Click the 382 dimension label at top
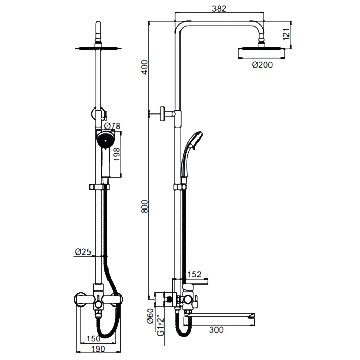tap(219, 9)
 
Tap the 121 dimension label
tap(286, 34)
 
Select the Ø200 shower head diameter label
tap(262, 65)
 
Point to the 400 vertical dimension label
tap(145, 67)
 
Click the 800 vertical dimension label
tap(145, 207)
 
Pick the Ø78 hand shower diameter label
tap(112, 126)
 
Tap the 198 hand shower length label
tap(117, 154)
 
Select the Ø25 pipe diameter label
tap(83, 252)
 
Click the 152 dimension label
tap(194, 274)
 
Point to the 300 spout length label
tap(217, 330)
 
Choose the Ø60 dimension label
tap(150, 316)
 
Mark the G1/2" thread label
tap(161, 326)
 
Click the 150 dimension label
tap(94, 338)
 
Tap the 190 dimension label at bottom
tap(98, 349)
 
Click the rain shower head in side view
tap(261, 53)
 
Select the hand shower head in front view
tap(105, 139)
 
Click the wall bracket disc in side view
tap(163, 114)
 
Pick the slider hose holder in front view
tap(99, 187)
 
